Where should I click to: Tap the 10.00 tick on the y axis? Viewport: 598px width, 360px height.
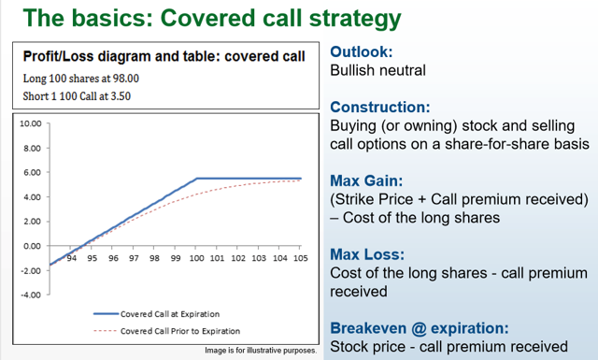[x=31, y=123]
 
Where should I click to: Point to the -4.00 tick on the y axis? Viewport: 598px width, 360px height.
[x=31, y=295]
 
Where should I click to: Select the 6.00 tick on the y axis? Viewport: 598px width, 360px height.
[x=33, y=173]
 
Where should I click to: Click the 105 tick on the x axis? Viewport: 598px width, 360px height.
[x=300, y=258]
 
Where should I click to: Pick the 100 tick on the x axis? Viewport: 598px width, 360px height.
[x=195, y=258]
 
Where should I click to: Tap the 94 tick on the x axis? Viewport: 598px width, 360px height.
[x=71, y=258]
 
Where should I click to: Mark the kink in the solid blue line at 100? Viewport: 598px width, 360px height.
[x=195, y=179]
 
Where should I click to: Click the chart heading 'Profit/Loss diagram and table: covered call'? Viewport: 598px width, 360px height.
[x=164, y=55]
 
